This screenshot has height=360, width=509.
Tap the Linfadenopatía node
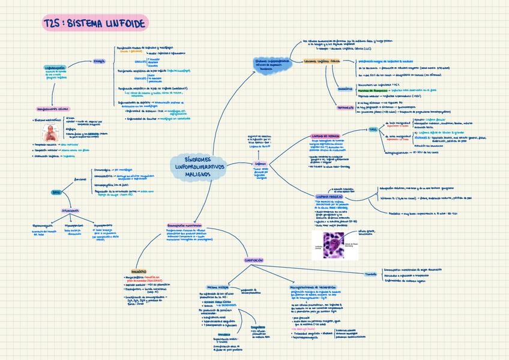55,68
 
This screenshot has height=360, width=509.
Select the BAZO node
57,192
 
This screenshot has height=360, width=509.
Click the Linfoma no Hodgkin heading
325,136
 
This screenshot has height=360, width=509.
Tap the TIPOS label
373,129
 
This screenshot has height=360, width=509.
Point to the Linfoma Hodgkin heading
328,196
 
